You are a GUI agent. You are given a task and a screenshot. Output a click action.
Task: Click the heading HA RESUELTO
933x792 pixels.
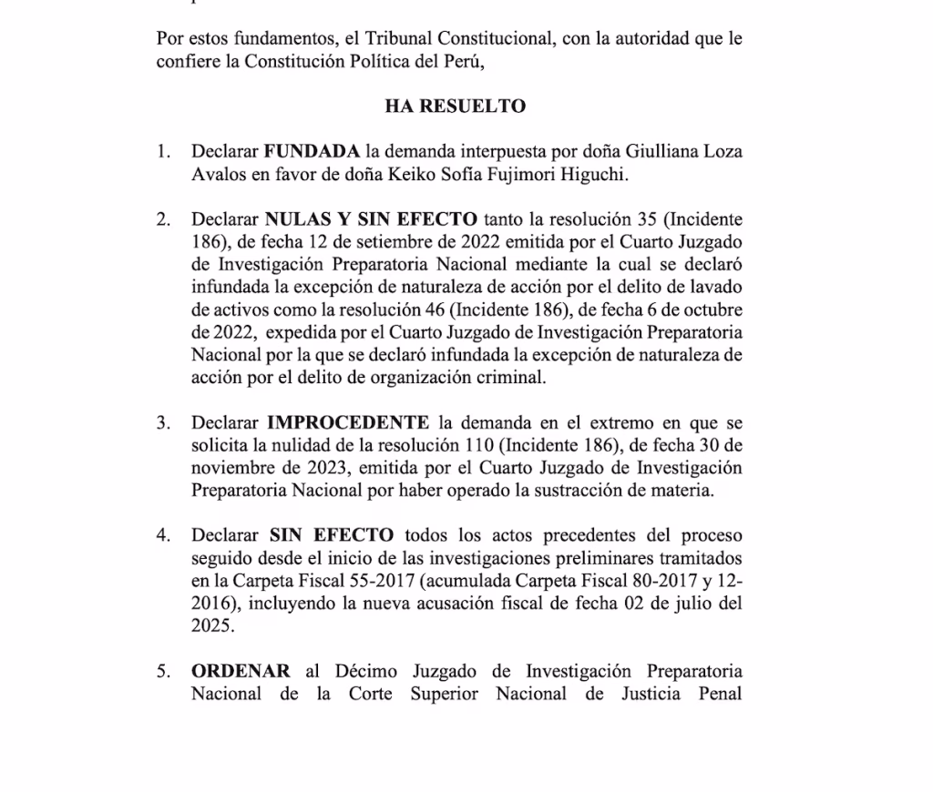coord(455,107)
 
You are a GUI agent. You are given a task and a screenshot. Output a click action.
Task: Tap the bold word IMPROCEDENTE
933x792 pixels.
coord(348,422)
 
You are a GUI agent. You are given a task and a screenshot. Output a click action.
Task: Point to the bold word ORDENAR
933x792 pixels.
coord(241,672)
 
